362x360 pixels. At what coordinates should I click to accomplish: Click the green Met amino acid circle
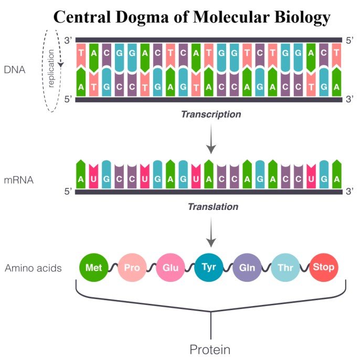point(94,268)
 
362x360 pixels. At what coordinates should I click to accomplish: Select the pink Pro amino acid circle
point(132,268)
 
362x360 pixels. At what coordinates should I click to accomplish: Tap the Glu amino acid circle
point(171,268)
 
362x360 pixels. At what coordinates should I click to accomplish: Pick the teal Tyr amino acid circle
point(209,267)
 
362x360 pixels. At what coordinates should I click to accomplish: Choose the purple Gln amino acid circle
point(247,268)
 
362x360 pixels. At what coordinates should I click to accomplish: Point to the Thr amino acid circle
point(285,268)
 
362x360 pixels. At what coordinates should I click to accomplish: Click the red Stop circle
point(324,267)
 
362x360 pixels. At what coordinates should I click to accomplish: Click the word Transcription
point(211,114)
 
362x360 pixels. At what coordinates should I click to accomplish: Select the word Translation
point(213,207)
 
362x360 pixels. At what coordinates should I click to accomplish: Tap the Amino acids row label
point(33,268)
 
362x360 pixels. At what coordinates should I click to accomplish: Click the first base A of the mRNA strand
point(81,178)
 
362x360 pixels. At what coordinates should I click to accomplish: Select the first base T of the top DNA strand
point(81,53)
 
